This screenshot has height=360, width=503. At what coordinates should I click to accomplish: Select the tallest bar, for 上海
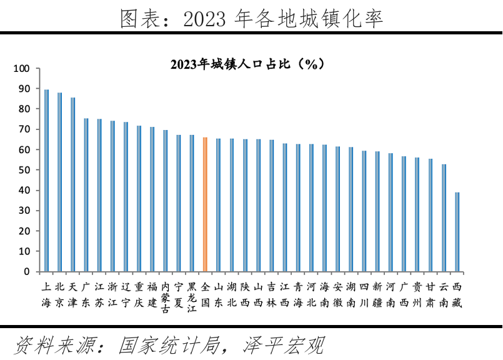pos(46,181)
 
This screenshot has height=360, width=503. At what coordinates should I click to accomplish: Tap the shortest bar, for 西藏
pos(457,232)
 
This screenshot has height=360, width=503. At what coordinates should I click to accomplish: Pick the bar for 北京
pos(59,182)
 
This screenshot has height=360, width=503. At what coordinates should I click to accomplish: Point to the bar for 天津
pos(72,184)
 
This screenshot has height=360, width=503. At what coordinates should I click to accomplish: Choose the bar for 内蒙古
pos(165,201)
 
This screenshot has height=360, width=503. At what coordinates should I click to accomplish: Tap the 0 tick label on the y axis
pos(26,272)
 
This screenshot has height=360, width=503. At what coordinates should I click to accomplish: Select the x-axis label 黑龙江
pos(192,298)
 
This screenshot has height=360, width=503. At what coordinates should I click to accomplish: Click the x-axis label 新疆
pos(377,294)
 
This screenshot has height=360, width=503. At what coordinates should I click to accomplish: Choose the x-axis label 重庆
pos(139,294)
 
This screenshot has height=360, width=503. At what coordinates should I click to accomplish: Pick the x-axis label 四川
pos(364,294)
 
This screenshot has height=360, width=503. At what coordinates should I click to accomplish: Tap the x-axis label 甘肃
pos(431,294)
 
